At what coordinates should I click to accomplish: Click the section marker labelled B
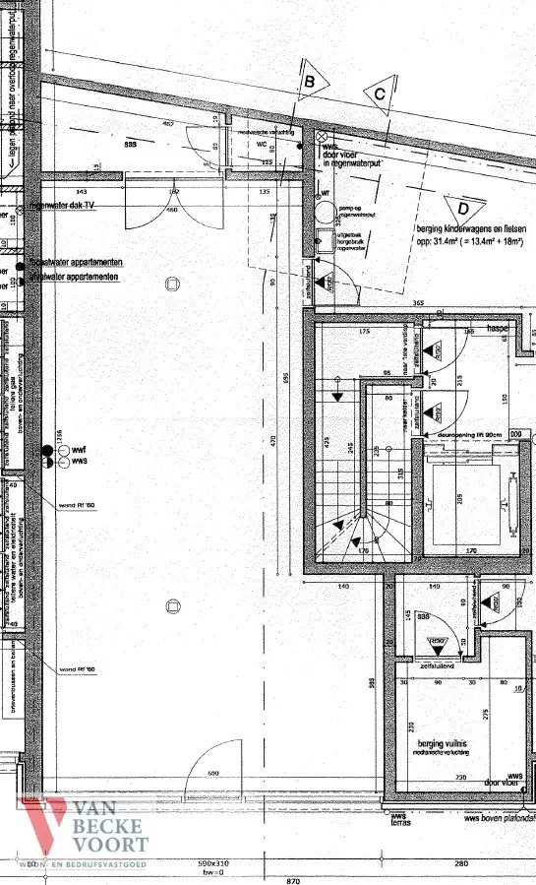click(308, 83)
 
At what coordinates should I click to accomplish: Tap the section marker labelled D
click(460, 208)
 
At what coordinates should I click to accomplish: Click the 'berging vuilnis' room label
click(436, 742)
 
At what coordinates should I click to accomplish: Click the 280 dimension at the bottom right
click(461, 863)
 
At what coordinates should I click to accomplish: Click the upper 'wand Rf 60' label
click(77, 505)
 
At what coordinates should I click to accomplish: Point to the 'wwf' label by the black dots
click(78, 450)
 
